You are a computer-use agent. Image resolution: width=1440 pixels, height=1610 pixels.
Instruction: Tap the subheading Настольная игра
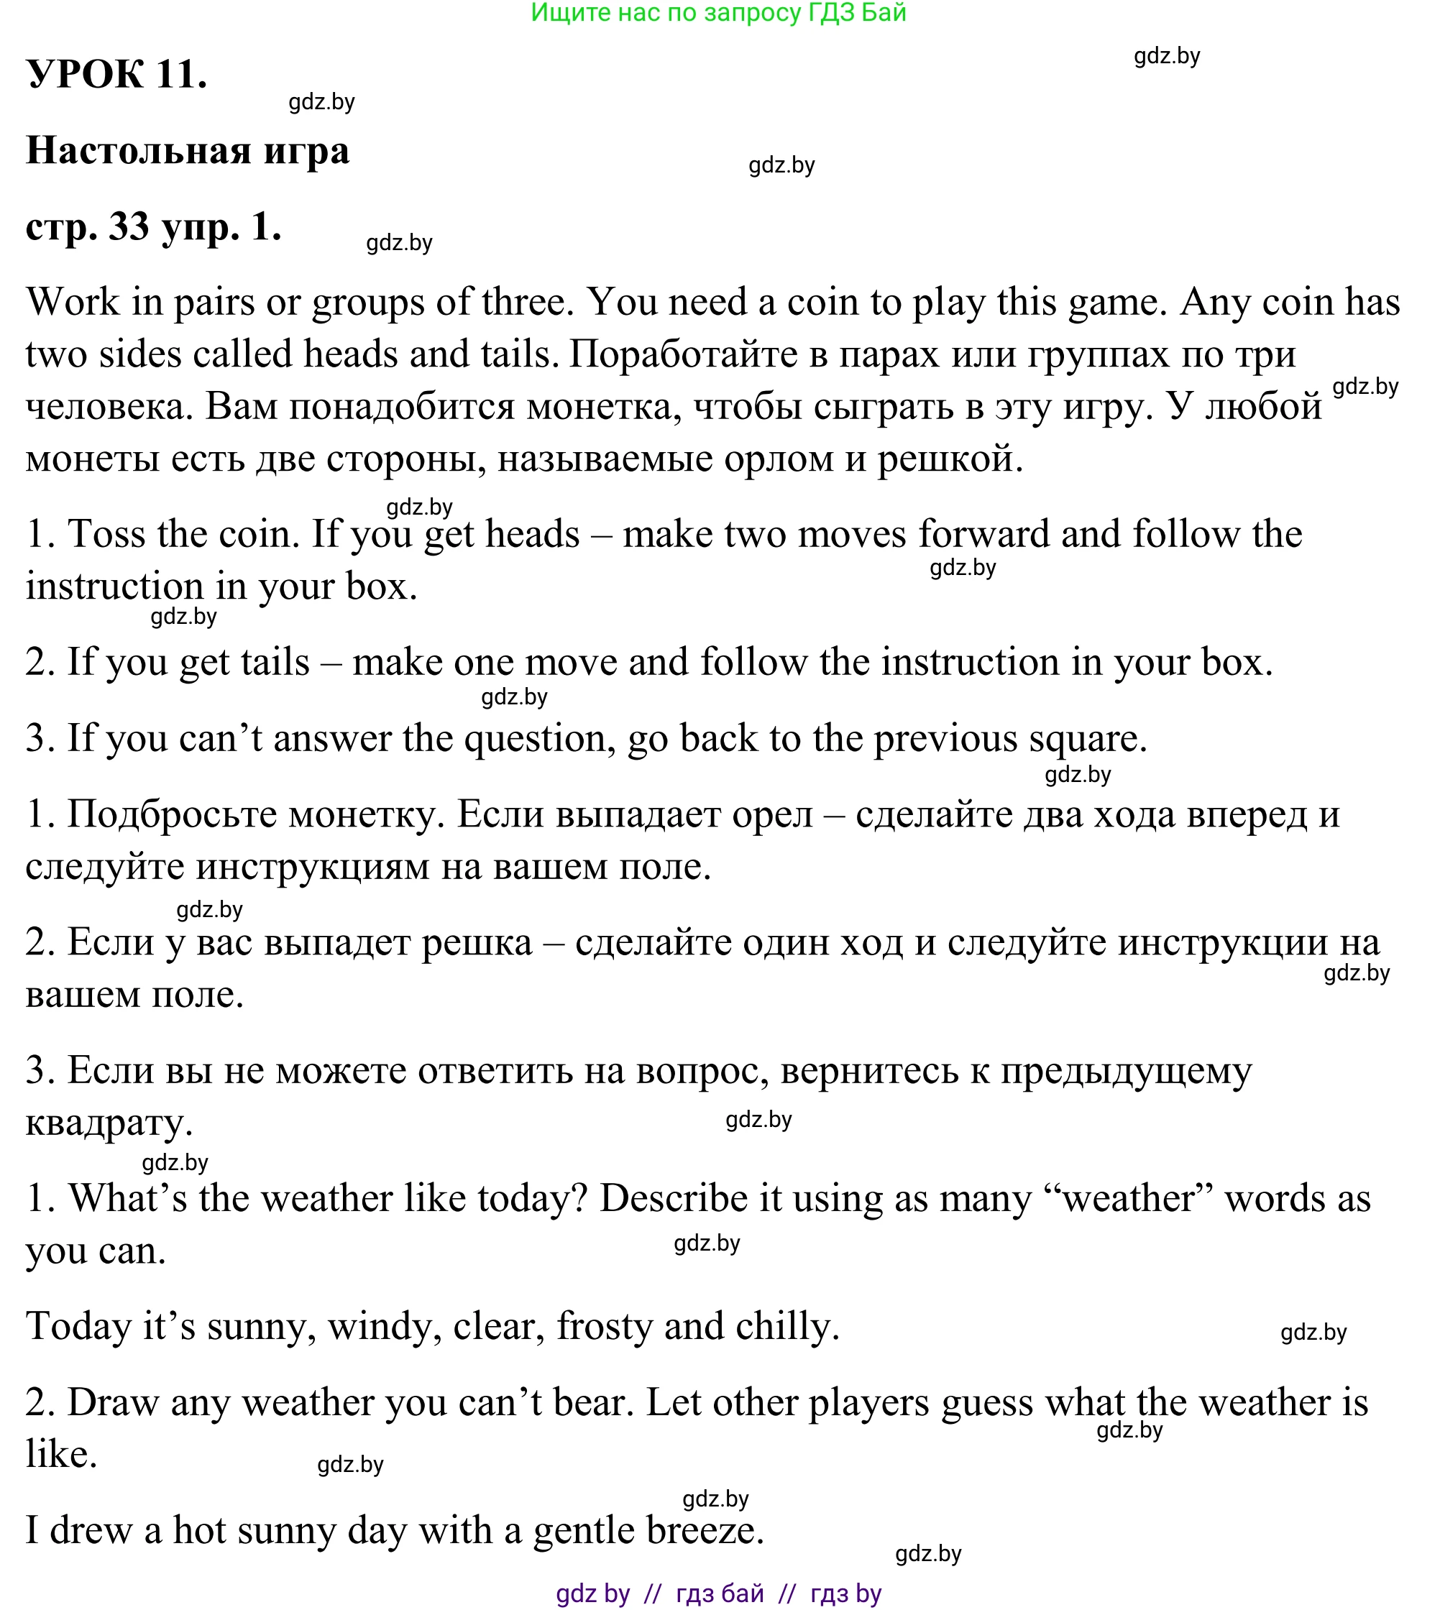click(x=188, y=150)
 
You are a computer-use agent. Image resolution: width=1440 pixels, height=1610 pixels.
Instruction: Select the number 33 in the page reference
click(x=129, y=227)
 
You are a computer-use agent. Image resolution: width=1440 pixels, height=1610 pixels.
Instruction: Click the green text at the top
click(x=718, y=13)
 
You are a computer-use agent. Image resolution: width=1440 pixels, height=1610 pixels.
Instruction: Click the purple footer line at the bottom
click(x=718, y=1593)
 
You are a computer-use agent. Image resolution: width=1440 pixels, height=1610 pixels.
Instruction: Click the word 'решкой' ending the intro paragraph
click(x=949, y=459)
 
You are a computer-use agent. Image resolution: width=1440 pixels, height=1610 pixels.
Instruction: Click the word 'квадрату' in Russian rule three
click(x=109, y=1122)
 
